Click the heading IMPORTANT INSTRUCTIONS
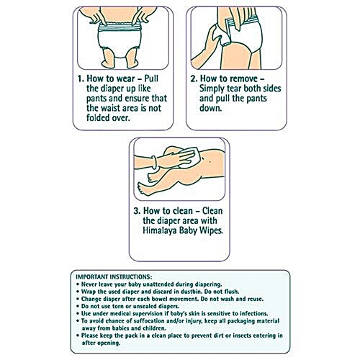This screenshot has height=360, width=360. [114, 277]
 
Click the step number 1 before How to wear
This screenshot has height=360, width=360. [80, 78]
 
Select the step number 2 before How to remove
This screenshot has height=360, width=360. [194, 78]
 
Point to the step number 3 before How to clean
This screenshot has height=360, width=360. [137, 211]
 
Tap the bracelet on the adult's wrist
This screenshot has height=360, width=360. [154, 163]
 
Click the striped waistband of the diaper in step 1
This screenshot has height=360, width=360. [120, 27]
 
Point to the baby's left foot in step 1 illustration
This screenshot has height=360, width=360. [132, 63]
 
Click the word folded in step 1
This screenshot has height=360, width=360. [97, 117]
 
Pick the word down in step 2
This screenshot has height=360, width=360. [211, 108]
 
